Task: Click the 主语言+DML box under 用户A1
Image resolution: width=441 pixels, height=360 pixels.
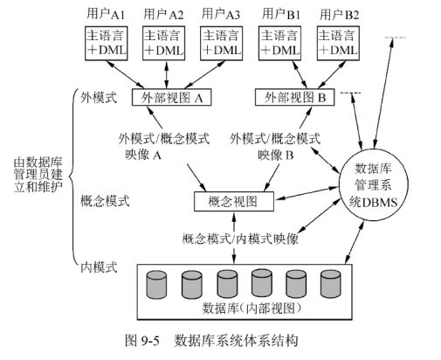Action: pos(107,44)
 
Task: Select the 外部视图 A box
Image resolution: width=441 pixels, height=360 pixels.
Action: pos(172,98)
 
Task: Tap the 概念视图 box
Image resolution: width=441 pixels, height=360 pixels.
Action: pos(233,202)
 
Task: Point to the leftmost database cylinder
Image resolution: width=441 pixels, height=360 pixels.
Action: pos(157,283)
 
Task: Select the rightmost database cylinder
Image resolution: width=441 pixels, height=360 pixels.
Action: pos(330,283)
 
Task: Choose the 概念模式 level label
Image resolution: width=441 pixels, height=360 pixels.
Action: pos(104,201)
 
